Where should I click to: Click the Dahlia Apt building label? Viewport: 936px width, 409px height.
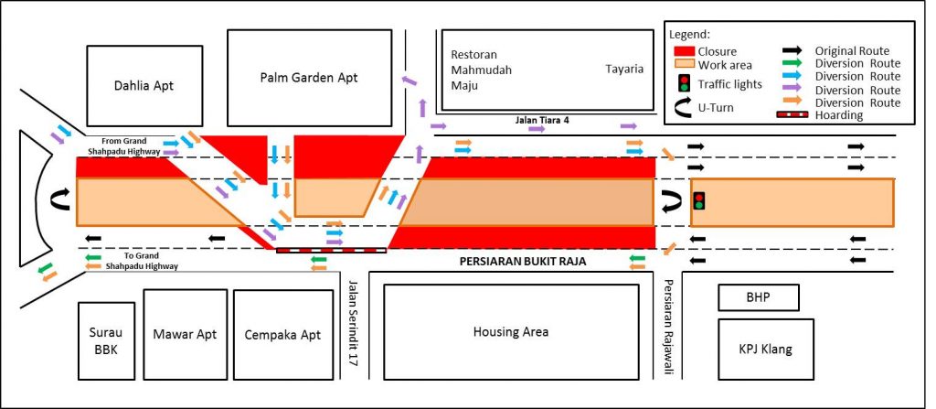pos(144,86)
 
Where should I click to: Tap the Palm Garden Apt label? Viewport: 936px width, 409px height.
pos(308,78)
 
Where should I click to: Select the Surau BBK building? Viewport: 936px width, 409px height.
pos(103,341)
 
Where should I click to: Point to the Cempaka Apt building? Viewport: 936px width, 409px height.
pos(282,335)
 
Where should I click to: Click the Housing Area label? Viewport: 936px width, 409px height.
pos(511,332)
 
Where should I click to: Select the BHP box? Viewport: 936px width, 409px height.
pos(759,298)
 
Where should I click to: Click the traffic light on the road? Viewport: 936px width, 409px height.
pos(699,200)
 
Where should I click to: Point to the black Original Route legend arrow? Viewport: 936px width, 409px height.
pos(792,51)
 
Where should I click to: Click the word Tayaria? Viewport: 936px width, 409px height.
pos(624,69)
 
